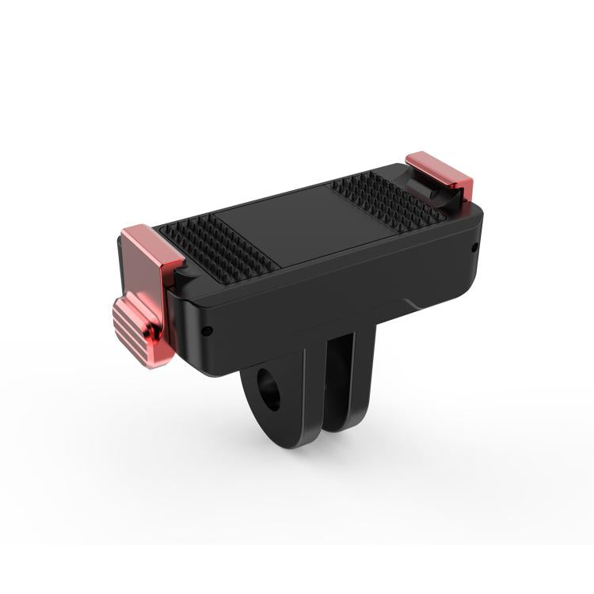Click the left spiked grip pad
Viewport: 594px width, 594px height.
[x=218, y=242]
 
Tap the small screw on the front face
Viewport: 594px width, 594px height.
[x=207, y=332]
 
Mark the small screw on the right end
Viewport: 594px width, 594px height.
[x=474, y=247]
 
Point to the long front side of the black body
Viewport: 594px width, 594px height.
[x=317, y=301]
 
